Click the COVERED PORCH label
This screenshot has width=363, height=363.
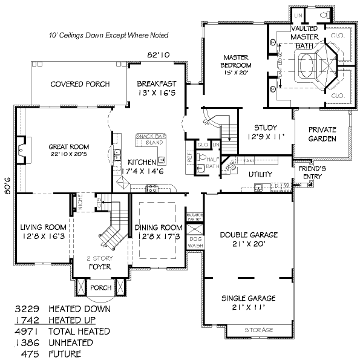pyautogui.click(x=75, y=84)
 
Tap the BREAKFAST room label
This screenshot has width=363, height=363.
pyautogui.click(x=156, y=88)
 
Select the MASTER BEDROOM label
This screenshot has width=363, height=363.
pyautogui.click(x=237, y=61)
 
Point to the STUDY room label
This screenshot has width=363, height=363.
pyautogui.click(x=265, y=132)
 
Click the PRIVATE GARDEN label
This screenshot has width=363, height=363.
pyautogui.click(x=322, y=134)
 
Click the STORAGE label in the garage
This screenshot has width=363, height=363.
pyautogui.click(x=258, y=330)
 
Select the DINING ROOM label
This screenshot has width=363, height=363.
pyautogui.click(x=157, y=232)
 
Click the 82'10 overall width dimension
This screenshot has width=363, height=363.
pyautogui.click(x=159, y=55)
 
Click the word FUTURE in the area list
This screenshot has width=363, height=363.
pyautogui.click(x=65, y=354)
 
